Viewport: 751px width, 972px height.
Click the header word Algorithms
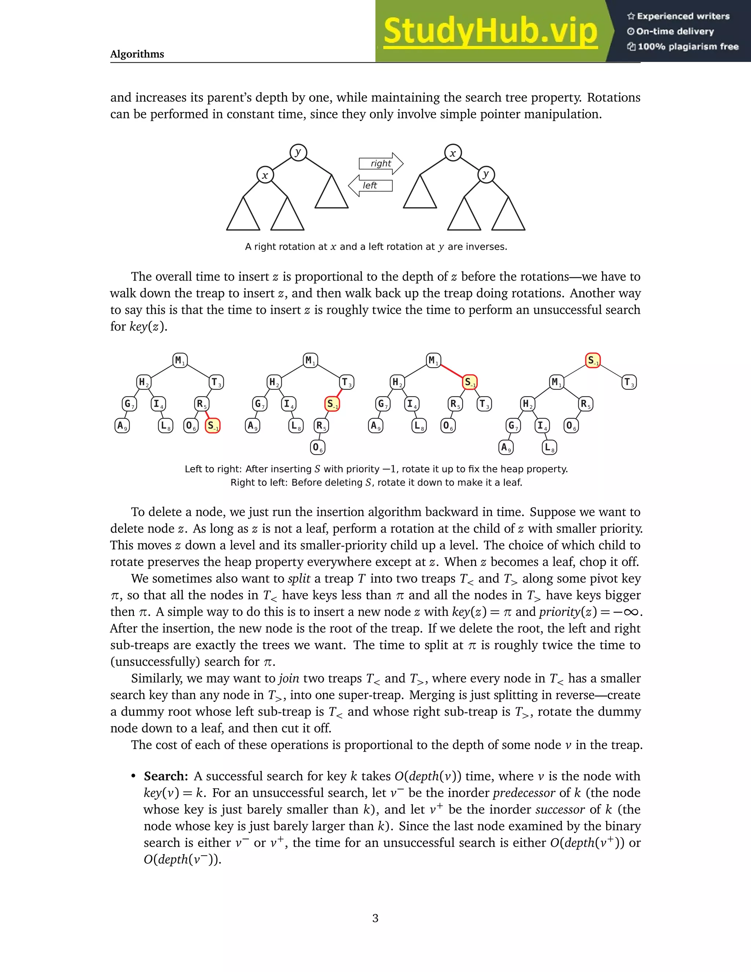click(137, 54)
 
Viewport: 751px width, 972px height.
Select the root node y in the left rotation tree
click(298, 152)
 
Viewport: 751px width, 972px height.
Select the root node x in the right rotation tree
click(453, 153)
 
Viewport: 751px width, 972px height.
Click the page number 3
click(375, 918)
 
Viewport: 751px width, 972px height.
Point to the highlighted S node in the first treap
click(213, 426)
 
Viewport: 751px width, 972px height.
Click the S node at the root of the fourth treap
click(593, 360)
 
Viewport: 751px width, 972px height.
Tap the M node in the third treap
click(433, 360)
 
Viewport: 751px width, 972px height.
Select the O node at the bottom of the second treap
click(317, 447)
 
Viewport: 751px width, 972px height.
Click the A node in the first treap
click(122, 426)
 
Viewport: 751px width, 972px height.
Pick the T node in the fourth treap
click(629, 382)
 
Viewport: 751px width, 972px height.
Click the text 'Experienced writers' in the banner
click(683, 17)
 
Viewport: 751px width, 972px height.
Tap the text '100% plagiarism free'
click(688, 47)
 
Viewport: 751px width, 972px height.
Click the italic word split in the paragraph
click(299, 578)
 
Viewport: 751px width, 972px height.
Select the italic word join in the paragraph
click(289, 678)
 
